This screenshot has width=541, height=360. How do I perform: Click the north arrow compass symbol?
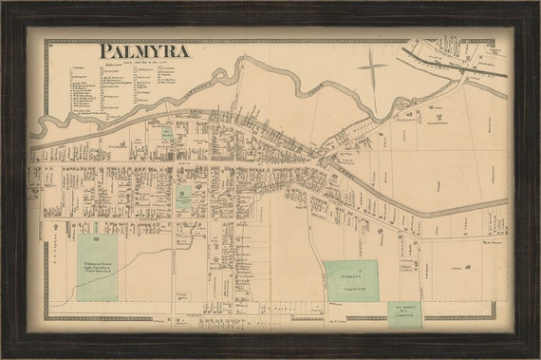coord(371,67)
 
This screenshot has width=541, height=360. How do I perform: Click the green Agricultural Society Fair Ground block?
coord(97,267)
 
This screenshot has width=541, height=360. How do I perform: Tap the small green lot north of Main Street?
coord(167,133)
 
